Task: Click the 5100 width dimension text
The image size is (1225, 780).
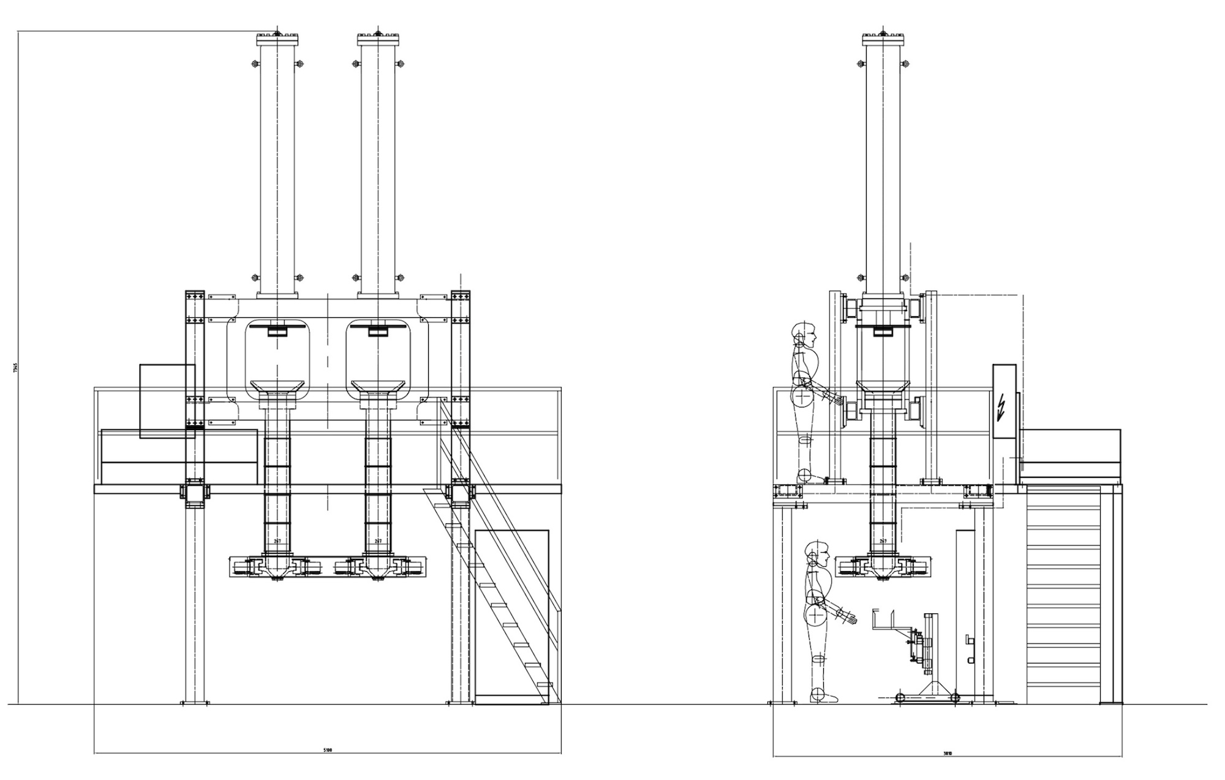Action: click(x=328, y=750)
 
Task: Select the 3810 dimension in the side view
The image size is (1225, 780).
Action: click(x=948, y=753)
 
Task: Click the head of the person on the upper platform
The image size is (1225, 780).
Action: click(x=805, y=334)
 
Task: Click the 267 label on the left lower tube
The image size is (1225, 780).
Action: click(x=277, y=541)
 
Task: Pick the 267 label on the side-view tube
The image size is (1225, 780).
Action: click(x=883, y=541)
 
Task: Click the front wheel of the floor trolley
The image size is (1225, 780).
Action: click(x=900, y=697)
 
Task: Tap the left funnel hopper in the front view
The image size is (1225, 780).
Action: click(x=277, y=387)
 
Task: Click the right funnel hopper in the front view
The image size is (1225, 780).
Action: click(x=378, y=387)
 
